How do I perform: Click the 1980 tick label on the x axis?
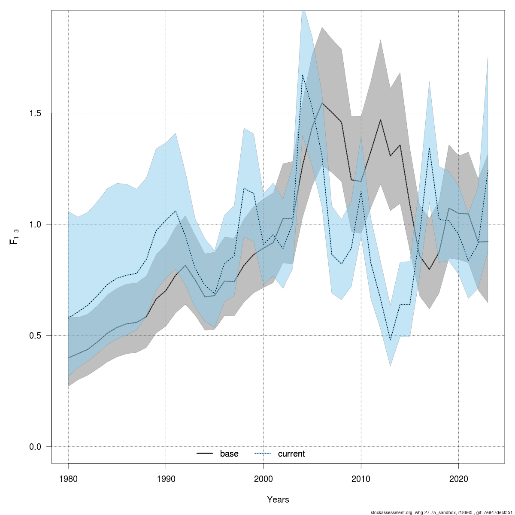(x=68, y=479)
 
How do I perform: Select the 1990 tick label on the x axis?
(x=166, y=479)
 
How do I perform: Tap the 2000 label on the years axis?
(x=264, y=479)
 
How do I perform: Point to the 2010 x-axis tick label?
(x=361, y=479)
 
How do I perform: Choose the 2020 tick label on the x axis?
(x=459, y=479)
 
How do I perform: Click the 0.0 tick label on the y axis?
(x=35, y=447)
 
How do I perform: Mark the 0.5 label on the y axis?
(x=35, y=336)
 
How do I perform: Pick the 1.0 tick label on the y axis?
(x=35, y=224)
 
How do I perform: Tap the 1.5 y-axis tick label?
(x=35, y=113)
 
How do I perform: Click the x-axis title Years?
(x=278, y=500)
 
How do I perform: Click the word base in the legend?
(x=229, y=454)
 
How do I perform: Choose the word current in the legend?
(x=291, y=454)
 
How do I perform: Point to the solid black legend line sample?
(x=205, y=454)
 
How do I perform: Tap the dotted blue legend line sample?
(x=263, y=454)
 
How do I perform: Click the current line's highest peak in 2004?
(x=303, y=75)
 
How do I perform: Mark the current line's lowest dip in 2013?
(x=391, y=341)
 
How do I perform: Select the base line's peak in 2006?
(x=322, y=103)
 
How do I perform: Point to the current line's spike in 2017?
(x=429, y=148)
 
